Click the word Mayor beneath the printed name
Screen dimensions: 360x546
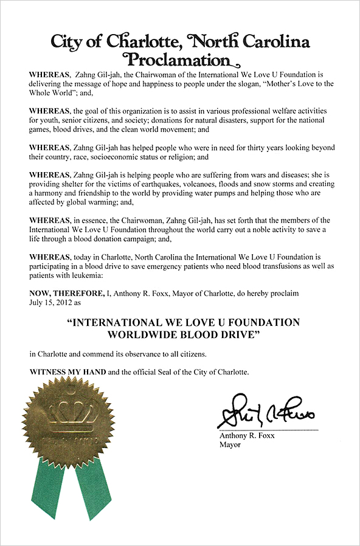tap(230, 444)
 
